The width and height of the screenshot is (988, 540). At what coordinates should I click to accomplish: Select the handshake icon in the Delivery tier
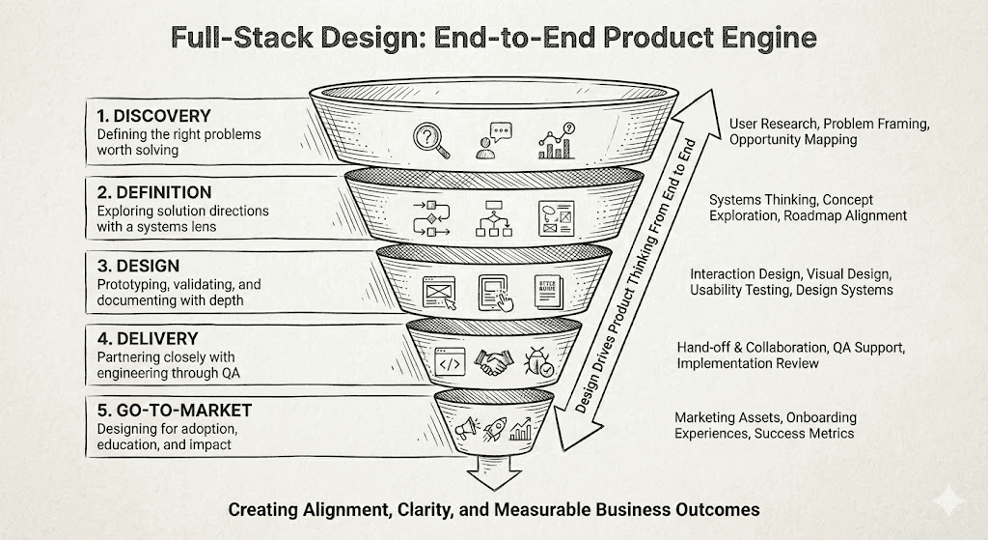497,362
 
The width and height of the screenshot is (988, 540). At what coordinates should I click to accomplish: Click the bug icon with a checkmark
539,362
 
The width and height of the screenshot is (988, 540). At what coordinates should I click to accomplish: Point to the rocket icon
495,427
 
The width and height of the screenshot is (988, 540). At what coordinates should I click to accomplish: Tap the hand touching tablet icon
494,292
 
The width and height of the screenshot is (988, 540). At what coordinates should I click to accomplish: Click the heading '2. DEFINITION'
154,192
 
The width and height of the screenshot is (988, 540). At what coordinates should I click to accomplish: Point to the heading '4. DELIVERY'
148,339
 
